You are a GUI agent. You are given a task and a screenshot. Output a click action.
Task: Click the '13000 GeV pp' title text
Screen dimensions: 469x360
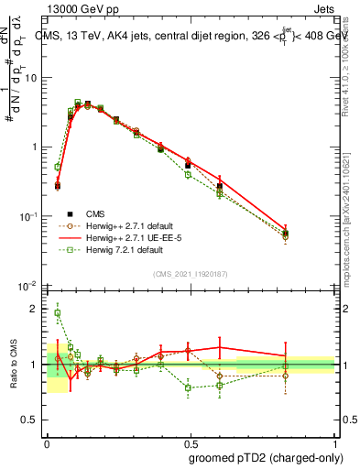coord(81,8)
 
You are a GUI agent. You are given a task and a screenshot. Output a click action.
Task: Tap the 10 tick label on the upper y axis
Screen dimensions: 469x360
coord(31,78)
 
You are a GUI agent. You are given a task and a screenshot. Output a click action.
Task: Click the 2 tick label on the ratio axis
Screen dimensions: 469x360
coord(35,309)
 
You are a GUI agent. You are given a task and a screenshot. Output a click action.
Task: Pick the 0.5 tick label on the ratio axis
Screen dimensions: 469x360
coord(31,420)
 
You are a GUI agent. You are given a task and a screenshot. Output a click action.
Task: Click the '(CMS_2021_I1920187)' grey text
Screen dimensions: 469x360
coord(190,274)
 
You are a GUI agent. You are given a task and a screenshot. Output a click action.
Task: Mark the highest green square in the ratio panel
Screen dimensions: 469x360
coord(58,312)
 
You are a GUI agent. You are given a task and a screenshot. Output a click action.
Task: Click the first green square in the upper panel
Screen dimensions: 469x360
coord(58,168)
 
